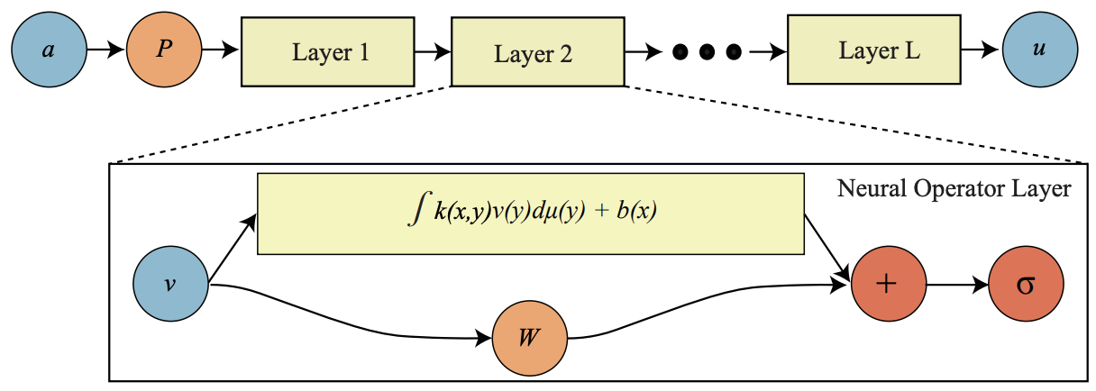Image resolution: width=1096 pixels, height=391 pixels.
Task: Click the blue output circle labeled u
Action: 1040,50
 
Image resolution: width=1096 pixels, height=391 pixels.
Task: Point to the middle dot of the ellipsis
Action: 708,52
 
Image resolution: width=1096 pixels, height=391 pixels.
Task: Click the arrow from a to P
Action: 105,50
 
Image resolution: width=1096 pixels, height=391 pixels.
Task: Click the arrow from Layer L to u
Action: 981,50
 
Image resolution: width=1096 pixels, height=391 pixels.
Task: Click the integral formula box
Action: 531,214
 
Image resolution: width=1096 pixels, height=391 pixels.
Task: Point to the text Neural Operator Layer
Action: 954,189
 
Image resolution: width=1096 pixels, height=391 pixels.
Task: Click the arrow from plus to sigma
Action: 957,283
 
